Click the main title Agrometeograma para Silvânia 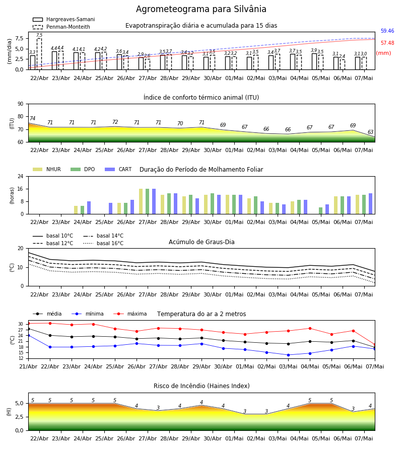[x=201, y=9]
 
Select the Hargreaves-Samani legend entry [x=63, y=19]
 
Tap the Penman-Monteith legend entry [x=61, y=27]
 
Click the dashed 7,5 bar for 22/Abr [x=39, y=54]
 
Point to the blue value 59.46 [x=387, y=31]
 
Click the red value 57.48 [x=387, y=43]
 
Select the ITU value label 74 [x=32, y=118]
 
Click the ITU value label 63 [x=370, y=132]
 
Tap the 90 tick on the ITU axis [x=21, y=104]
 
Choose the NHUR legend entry [x=47, y=169]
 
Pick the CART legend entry [x=118, y=169]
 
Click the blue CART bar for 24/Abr [x=89, y=208]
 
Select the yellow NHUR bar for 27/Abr [x=141, y=201]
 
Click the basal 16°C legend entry [x=103, y=243]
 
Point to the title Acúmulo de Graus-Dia [x=201, y=242]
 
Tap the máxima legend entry [x=130, y=314]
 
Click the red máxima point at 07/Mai [x=375, y=345]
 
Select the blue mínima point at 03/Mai [x=288, y=355]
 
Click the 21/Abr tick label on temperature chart [x=28, y=366]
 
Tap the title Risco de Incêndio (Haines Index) [x=201, y=386]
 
